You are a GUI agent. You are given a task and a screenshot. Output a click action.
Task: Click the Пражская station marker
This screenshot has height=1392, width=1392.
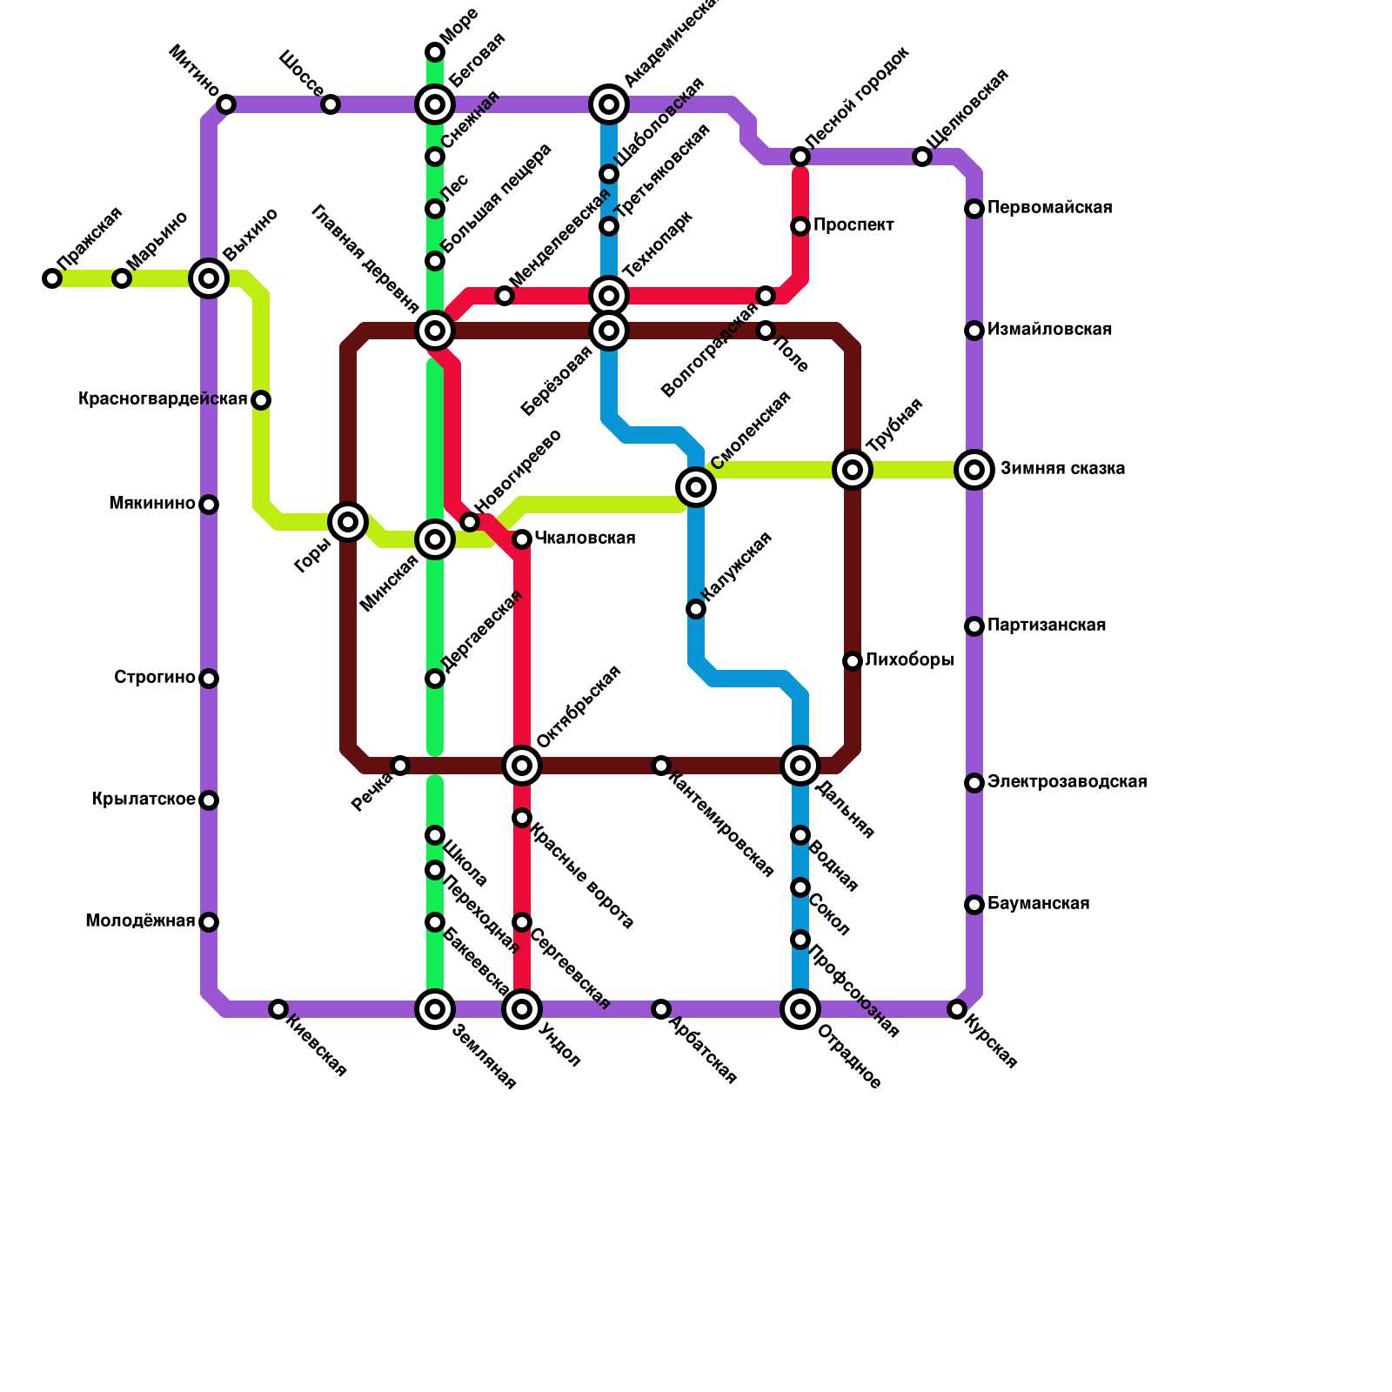pyautogui.click(x=52, y=278)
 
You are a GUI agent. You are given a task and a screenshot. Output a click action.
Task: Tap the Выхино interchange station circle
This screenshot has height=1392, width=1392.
pyautogui.click(x=209, y=278)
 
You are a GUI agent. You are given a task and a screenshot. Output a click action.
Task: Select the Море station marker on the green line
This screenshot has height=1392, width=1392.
pyautogui.click(x=435, y=52)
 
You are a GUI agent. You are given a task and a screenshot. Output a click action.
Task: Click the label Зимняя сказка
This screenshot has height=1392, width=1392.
pyautogui.click(x=1062, y=469)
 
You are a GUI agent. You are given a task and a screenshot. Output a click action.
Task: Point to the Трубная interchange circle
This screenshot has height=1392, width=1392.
pyautogui.click(x=853, y=470)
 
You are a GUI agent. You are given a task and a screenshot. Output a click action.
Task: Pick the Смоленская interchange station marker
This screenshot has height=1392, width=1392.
pyautogui.click(x=696, y=487)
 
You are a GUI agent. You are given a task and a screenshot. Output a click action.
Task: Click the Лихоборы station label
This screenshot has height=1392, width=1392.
pyautogui.click(x=909, y=660)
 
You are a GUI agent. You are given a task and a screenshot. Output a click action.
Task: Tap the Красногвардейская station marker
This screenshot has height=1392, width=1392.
pyautogui.click(x=261, y=400)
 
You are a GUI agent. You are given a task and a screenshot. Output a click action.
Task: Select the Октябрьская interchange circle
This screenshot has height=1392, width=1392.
pyautogui.click(x=522, y=766)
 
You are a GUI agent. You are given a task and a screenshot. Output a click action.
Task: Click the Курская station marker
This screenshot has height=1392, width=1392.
pyautogui.click(x=957, y=1009)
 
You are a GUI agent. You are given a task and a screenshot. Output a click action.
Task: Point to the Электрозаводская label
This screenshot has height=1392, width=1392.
pyautogui.click(x=1067, y=782)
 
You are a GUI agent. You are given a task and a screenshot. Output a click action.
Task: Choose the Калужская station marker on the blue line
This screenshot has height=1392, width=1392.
pyautogui.click(x=696, y=609)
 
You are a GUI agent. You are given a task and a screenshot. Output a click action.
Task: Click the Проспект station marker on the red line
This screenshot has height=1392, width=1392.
pyautogui.click(x=800, y=226)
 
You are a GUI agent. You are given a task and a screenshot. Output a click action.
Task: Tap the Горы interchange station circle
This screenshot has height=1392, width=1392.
pyautogui.click(x=348, y=522)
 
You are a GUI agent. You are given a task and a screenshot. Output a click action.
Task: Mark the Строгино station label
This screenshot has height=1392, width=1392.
pyautogui.click(x=155, y=678)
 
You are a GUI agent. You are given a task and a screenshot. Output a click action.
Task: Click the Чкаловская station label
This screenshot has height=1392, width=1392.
pyautogui.click(x=585, y=539)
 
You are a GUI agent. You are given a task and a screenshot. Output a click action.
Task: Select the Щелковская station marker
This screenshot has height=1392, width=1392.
pyautogui.click(x=922, y=157)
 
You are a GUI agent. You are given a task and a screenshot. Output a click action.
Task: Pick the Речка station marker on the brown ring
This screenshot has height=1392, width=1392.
pyautogui.click(x=400, y=766)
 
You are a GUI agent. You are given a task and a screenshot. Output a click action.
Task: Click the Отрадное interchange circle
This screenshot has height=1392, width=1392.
pyautogui.click(x=800, y=1009)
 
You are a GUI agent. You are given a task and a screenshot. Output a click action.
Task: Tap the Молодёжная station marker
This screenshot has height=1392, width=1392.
pyautogui.click(x=209, y=922)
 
